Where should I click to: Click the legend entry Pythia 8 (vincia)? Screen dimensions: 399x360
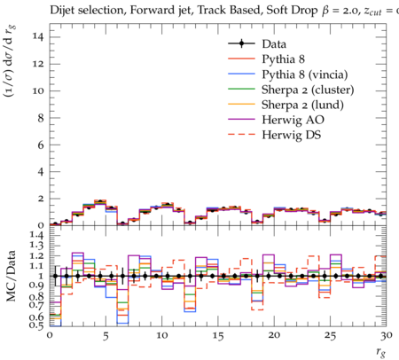click(x=305, y=74)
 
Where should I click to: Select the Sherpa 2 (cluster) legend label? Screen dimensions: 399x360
click(x=308, y=90)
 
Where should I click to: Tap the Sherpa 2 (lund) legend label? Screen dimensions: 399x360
click(x=302, y=105)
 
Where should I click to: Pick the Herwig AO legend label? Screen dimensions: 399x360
click(x=293, y=120)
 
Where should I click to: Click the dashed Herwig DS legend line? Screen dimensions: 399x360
click(x=241, y=135)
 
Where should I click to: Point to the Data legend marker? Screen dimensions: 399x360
click(x=241, y=43)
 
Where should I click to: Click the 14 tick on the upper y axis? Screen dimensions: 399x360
click(x=37, y=36)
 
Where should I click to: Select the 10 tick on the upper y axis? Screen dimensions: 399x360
click(x=37, y=90)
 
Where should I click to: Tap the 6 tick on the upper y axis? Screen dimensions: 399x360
click(x=41, y=145)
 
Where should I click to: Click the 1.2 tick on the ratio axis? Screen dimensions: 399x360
click(x=37, y=255)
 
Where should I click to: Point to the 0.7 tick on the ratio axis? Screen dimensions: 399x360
click(x=37, y=305)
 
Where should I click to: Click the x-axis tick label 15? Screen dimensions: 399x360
click(x=218, y=336)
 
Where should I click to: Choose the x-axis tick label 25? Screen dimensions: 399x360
click(x=330, y=336)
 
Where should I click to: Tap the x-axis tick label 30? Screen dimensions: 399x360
click(x=387, y=336)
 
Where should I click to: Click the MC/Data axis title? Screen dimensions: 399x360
click(x=11, y=276)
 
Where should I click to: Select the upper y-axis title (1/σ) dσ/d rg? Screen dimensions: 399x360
click(x=10, y=61)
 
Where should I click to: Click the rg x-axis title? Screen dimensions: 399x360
click(x=381, y=352)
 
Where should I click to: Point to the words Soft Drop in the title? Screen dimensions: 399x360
click(x=292, y=11)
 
